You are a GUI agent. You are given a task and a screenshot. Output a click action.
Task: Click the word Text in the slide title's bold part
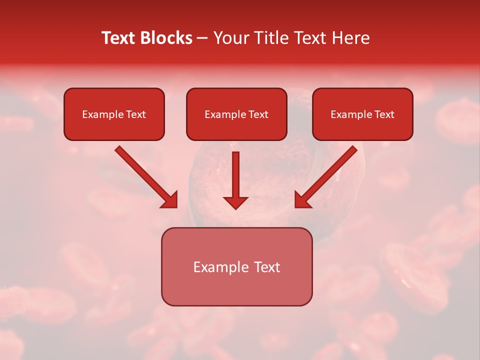120,38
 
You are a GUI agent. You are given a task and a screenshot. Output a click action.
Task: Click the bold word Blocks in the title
167,38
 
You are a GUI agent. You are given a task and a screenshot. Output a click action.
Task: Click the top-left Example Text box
114,114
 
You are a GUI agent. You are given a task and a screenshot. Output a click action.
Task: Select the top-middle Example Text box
236,114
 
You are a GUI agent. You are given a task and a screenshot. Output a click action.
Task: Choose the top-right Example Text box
362,114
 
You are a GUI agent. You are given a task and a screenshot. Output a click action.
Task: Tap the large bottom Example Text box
236,267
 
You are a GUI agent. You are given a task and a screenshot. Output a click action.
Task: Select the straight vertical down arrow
235,180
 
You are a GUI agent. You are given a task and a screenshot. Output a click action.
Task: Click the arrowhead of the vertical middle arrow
235,202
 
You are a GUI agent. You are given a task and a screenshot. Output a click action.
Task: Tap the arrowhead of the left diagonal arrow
169,200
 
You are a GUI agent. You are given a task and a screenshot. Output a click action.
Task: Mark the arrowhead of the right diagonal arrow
302,200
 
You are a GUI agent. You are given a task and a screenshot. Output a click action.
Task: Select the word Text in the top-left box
136,114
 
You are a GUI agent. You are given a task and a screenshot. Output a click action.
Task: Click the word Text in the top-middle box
258,114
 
